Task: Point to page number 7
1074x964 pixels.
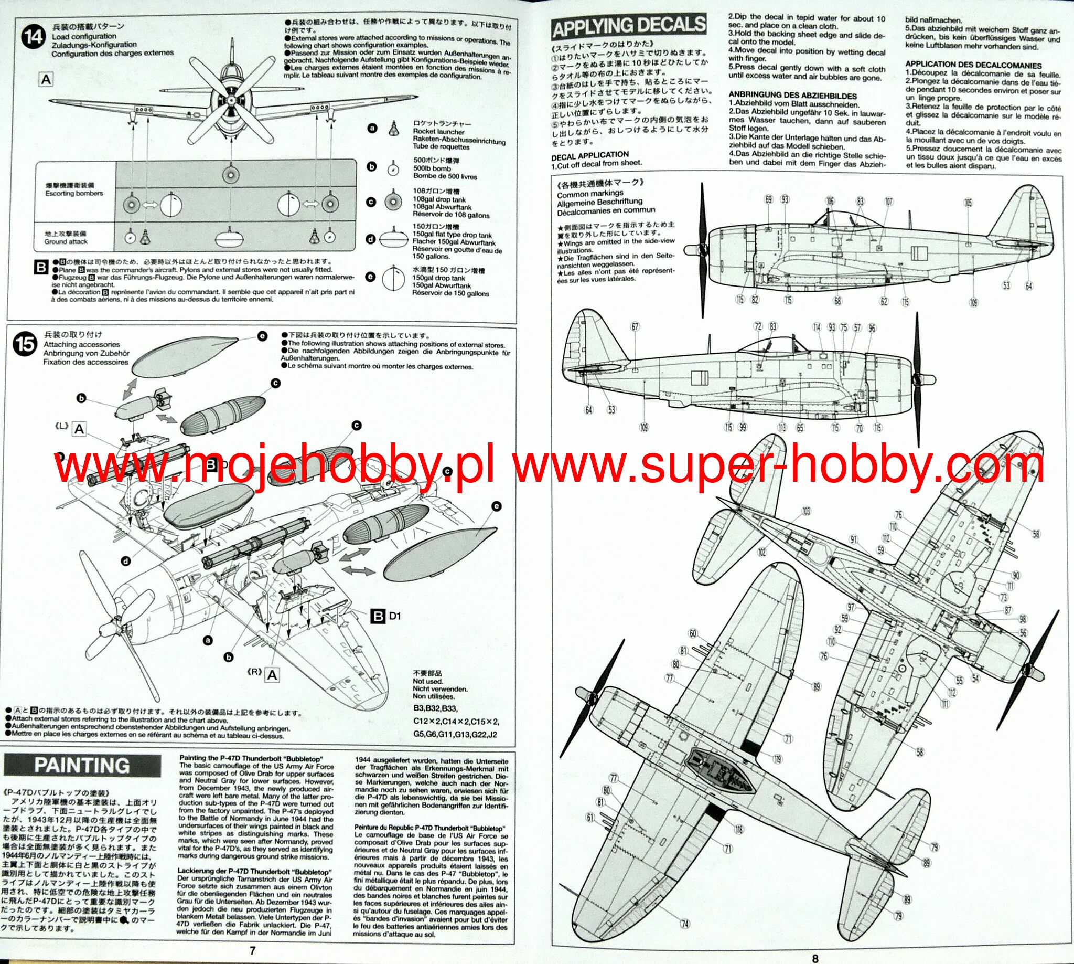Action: coord(252,951)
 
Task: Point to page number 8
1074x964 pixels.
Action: coord(815,958)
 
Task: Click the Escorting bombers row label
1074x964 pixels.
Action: coord(74,190)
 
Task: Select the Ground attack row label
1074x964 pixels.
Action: coord(66,238)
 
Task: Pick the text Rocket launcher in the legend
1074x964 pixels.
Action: coord(439,131)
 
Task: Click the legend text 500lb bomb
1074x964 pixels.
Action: coord(432,168)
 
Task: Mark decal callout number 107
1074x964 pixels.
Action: coord(888,202)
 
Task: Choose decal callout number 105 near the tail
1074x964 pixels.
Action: coord(969,203)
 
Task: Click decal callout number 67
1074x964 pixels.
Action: coord(635,327)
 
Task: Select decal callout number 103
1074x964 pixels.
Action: coord(805,511)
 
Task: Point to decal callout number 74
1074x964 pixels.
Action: coord(685,924)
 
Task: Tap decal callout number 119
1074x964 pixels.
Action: coord(777,759)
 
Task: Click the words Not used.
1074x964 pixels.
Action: coord(428,681)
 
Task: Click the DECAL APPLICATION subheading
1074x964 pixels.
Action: coord(589,155)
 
